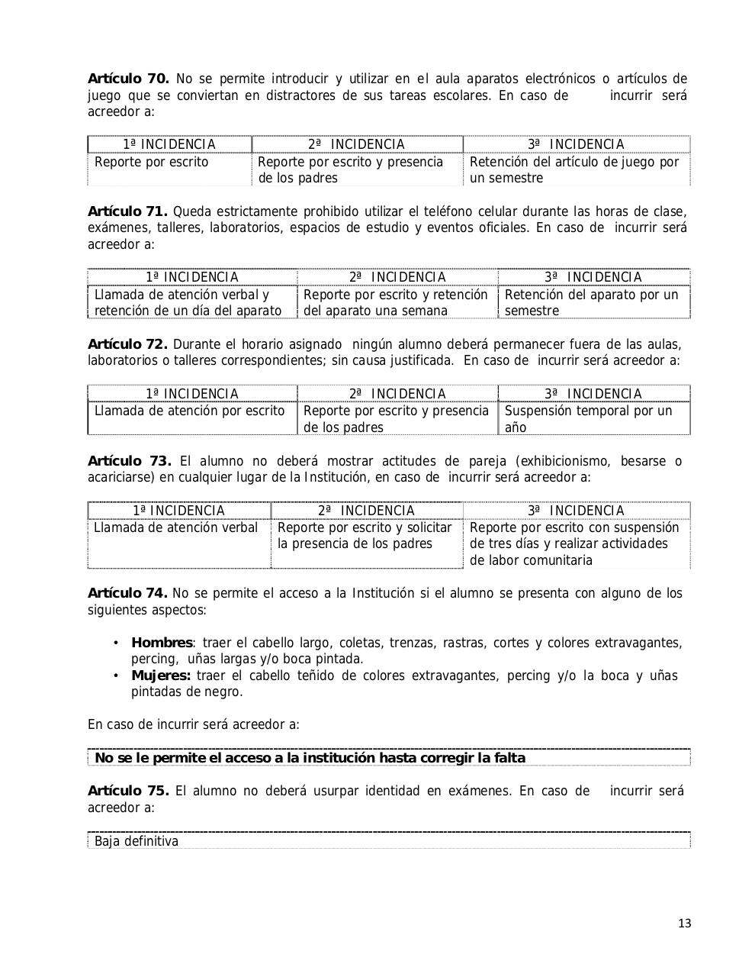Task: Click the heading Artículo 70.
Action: coord(128,79)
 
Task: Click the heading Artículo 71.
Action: coord(127,211)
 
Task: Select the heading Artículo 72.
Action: coord(127,343)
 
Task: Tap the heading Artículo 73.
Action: coord(129,461)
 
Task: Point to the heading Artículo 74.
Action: coord(127,593)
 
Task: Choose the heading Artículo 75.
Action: coord(128,791)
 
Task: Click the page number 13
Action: coord(684,924)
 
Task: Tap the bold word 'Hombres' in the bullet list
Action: coord(162,643)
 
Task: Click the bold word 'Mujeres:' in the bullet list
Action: coord(161,676)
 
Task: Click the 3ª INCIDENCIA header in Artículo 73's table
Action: coord(576,511)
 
